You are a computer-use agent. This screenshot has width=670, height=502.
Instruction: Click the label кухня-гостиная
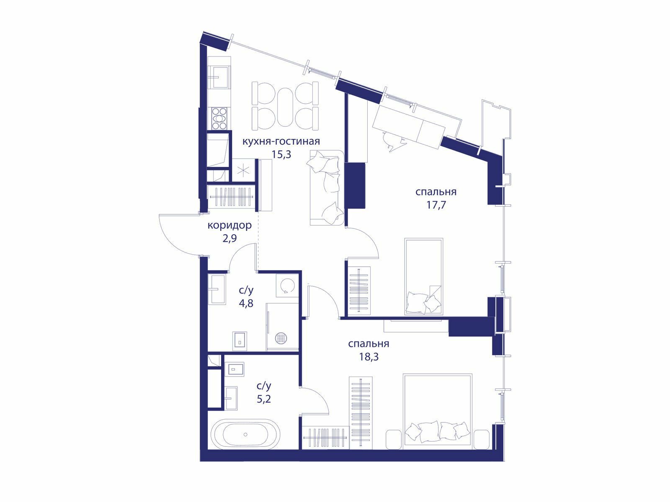coord(281,141)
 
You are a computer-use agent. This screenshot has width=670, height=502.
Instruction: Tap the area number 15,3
coord(281,154)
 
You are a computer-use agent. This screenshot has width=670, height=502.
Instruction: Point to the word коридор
coord(229,226)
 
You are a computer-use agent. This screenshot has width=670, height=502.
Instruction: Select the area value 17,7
coord(436,205)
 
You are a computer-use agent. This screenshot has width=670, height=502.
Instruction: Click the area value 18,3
coord(369,356)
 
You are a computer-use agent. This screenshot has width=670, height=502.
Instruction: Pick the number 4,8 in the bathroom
coord(246,304)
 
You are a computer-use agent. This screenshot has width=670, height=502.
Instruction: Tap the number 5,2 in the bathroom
coord(264,399)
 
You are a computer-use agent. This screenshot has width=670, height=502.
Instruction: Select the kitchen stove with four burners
coord(219,118)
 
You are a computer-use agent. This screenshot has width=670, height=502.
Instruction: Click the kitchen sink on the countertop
coord(219,77)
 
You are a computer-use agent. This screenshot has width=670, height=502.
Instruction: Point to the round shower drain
coord(281,338)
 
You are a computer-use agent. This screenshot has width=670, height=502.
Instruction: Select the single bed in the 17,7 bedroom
coord(424,277)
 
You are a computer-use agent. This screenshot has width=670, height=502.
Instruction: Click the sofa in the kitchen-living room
coord(327,187)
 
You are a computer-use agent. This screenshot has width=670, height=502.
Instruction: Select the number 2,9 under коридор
coord(229,238)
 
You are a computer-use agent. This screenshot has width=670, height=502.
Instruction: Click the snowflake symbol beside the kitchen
coord(243,170)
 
